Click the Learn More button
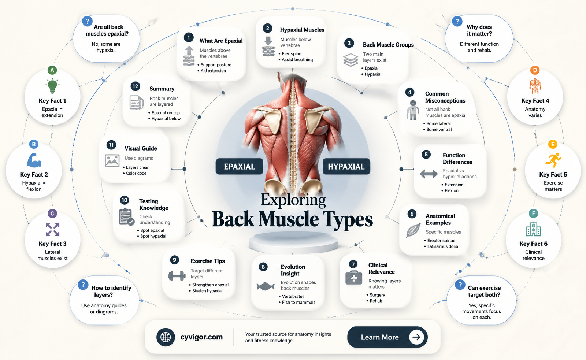387,337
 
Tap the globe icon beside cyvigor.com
166,337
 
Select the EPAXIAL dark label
239,166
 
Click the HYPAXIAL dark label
346,166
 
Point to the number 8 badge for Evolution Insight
263,267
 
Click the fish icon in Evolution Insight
265,286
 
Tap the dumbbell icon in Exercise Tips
177,275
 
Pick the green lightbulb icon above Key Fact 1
52,86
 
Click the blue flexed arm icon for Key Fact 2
34,160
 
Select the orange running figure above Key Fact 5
553,160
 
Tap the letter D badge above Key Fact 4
535,70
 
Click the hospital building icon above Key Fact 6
533,229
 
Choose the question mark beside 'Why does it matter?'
457,21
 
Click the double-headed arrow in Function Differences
429,174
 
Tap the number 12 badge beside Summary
135,86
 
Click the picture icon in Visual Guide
112,160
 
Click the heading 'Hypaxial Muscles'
302,30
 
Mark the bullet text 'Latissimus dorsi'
443,246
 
